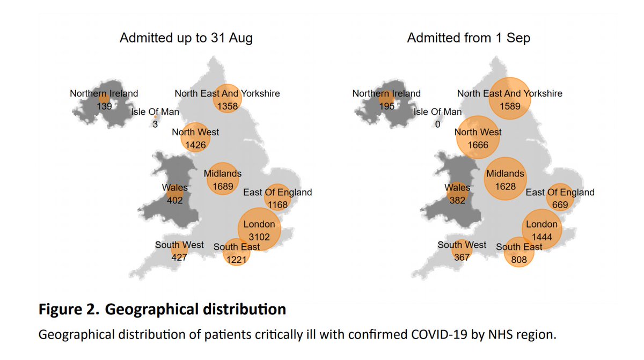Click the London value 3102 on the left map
259,237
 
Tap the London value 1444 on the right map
542,237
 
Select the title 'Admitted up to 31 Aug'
186,38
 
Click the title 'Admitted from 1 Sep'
468,38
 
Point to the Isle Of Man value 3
155,124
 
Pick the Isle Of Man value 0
437,124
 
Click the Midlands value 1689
223,186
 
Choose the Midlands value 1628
505,186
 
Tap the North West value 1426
195,144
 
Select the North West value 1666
478,144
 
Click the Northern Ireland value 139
104,106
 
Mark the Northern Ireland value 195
386,106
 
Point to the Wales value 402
175,201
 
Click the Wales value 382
457,201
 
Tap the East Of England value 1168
277,204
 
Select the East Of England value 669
560,204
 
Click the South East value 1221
237,259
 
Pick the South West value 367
462,257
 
